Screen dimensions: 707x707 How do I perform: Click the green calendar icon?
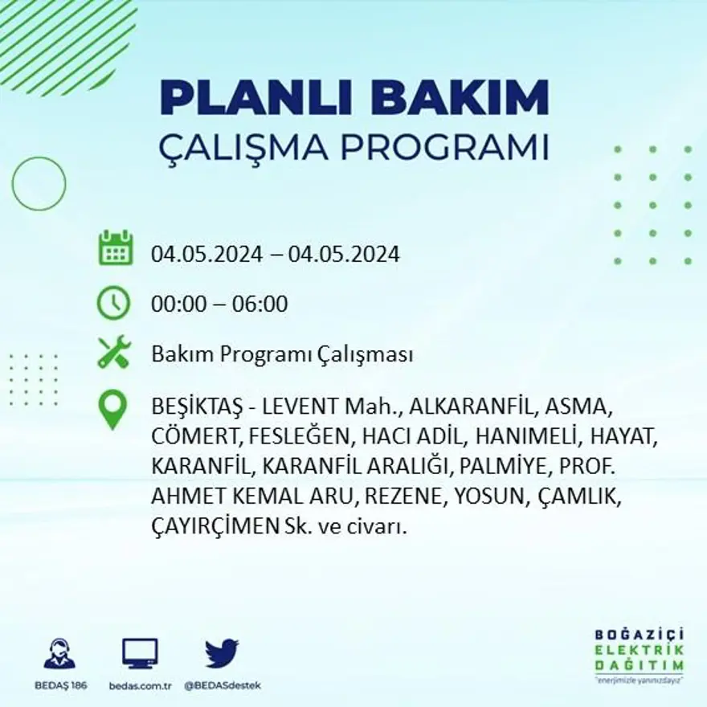[x=116, y=248]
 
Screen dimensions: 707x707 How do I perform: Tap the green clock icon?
[x=113, y=303]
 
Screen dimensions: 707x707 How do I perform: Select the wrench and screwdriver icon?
[x=113, y=353]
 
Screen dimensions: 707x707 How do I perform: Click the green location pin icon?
[x=112, y=408]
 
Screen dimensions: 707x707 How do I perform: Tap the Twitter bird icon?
[x=222, y=653]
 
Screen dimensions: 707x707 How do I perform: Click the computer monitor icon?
[x=140, y=653]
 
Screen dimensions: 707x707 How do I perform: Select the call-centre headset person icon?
[x=59, y=654]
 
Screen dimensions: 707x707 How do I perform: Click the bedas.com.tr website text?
[x=140, y=685]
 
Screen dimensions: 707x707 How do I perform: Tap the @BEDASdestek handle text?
[x=223, y=685]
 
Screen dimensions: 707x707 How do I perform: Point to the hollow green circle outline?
[x=39, y=184]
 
